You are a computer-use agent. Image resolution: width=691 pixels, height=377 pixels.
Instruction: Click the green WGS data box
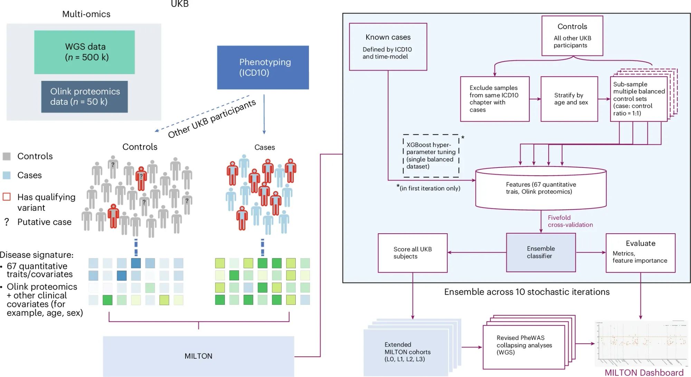coord(84,52)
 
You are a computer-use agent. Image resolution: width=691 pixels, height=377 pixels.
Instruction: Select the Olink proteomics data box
coord(84,96)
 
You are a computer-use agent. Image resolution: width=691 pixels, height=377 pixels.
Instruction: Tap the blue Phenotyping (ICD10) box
coord(263,67)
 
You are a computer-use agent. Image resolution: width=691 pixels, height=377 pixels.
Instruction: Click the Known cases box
coord(388,47)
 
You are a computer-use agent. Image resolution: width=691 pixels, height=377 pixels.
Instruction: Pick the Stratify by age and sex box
coord(569,99)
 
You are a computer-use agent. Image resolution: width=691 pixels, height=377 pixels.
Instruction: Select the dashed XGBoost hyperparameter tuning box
coord(430,155)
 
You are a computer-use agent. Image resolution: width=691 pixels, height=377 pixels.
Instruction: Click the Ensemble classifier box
coord(540,252)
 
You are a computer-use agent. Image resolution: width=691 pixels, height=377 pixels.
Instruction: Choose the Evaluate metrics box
coord(640,253)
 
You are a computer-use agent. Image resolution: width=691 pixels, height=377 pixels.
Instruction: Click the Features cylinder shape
coord(540,188)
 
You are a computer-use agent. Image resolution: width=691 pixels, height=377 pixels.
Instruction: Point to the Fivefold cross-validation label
coord(570,221)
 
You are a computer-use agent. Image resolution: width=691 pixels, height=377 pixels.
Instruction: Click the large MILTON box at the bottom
coord(198,356)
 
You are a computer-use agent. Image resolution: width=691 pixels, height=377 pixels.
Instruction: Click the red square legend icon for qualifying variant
coord(7,197)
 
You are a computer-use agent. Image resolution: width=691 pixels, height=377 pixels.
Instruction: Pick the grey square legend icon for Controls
coord(7,156)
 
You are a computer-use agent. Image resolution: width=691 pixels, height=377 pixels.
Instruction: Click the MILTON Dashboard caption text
coord(644,373)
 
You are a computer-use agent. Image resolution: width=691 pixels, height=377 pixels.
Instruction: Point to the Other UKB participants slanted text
coord(211,119)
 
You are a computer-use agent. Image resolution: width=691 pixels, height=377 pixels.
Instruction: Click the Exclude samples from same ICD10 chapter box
coord(494,99)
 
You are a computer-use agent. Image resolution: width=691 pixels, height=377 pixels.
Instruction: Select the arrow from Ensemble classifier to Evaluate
coord(590,253)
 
